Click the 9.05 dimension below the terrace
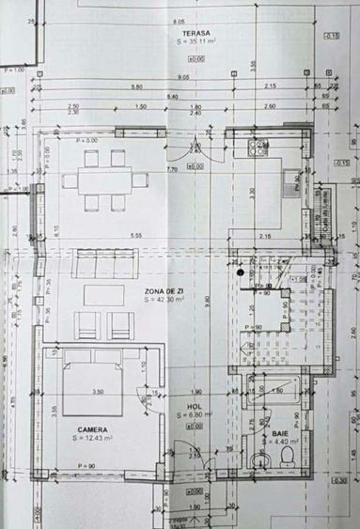click(x=182, y=76)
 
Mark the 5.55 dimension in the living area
click(x=136, y=235)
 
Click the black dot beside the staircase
click(x=242, y=272)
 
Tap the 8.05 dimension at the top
click(x=179, y=21)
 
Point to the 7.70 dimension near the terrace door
click(x=172, y=169)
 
